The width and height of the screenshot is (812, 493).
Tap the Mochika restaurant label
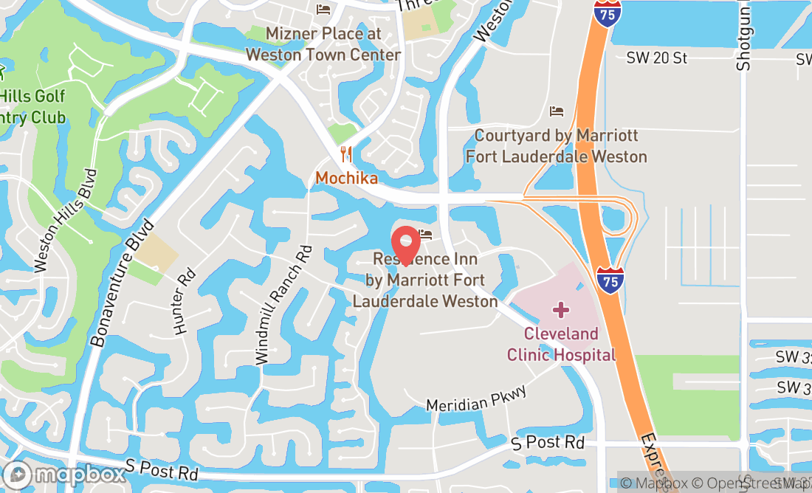(x=346, y=178)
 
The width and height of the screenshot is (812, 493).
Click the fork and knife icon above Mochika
(x=345, y=154)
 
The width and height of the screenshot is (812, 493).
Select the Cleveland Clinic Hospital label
(x=561, y=344)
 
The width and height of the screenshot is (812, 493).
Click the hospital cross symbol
(x=561, y=309)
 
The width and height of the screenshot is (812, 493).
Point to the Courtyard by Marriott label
(x=556, y=146)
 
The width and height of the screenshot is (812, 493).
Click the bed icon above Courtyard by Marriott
(x=557, y=111)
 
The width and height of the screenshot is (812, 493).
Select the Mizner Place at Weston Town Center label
(x=323, y=44)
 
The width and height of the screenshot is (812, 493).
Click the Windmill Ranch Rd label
(x=283, y=305)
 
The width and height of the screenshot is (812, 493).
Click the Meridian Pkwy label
(x=477, y=398)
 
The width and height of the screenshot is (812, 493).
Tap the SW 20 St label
(x=656, y=58)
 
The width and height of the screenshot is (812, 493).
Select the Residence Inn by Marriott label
(x=425, y=280)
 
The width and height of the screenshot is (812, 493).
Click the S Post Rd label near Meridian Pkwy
(x=548, y=443)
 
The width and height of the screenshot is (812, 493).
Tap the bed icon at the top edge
(x=323, y=9)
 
